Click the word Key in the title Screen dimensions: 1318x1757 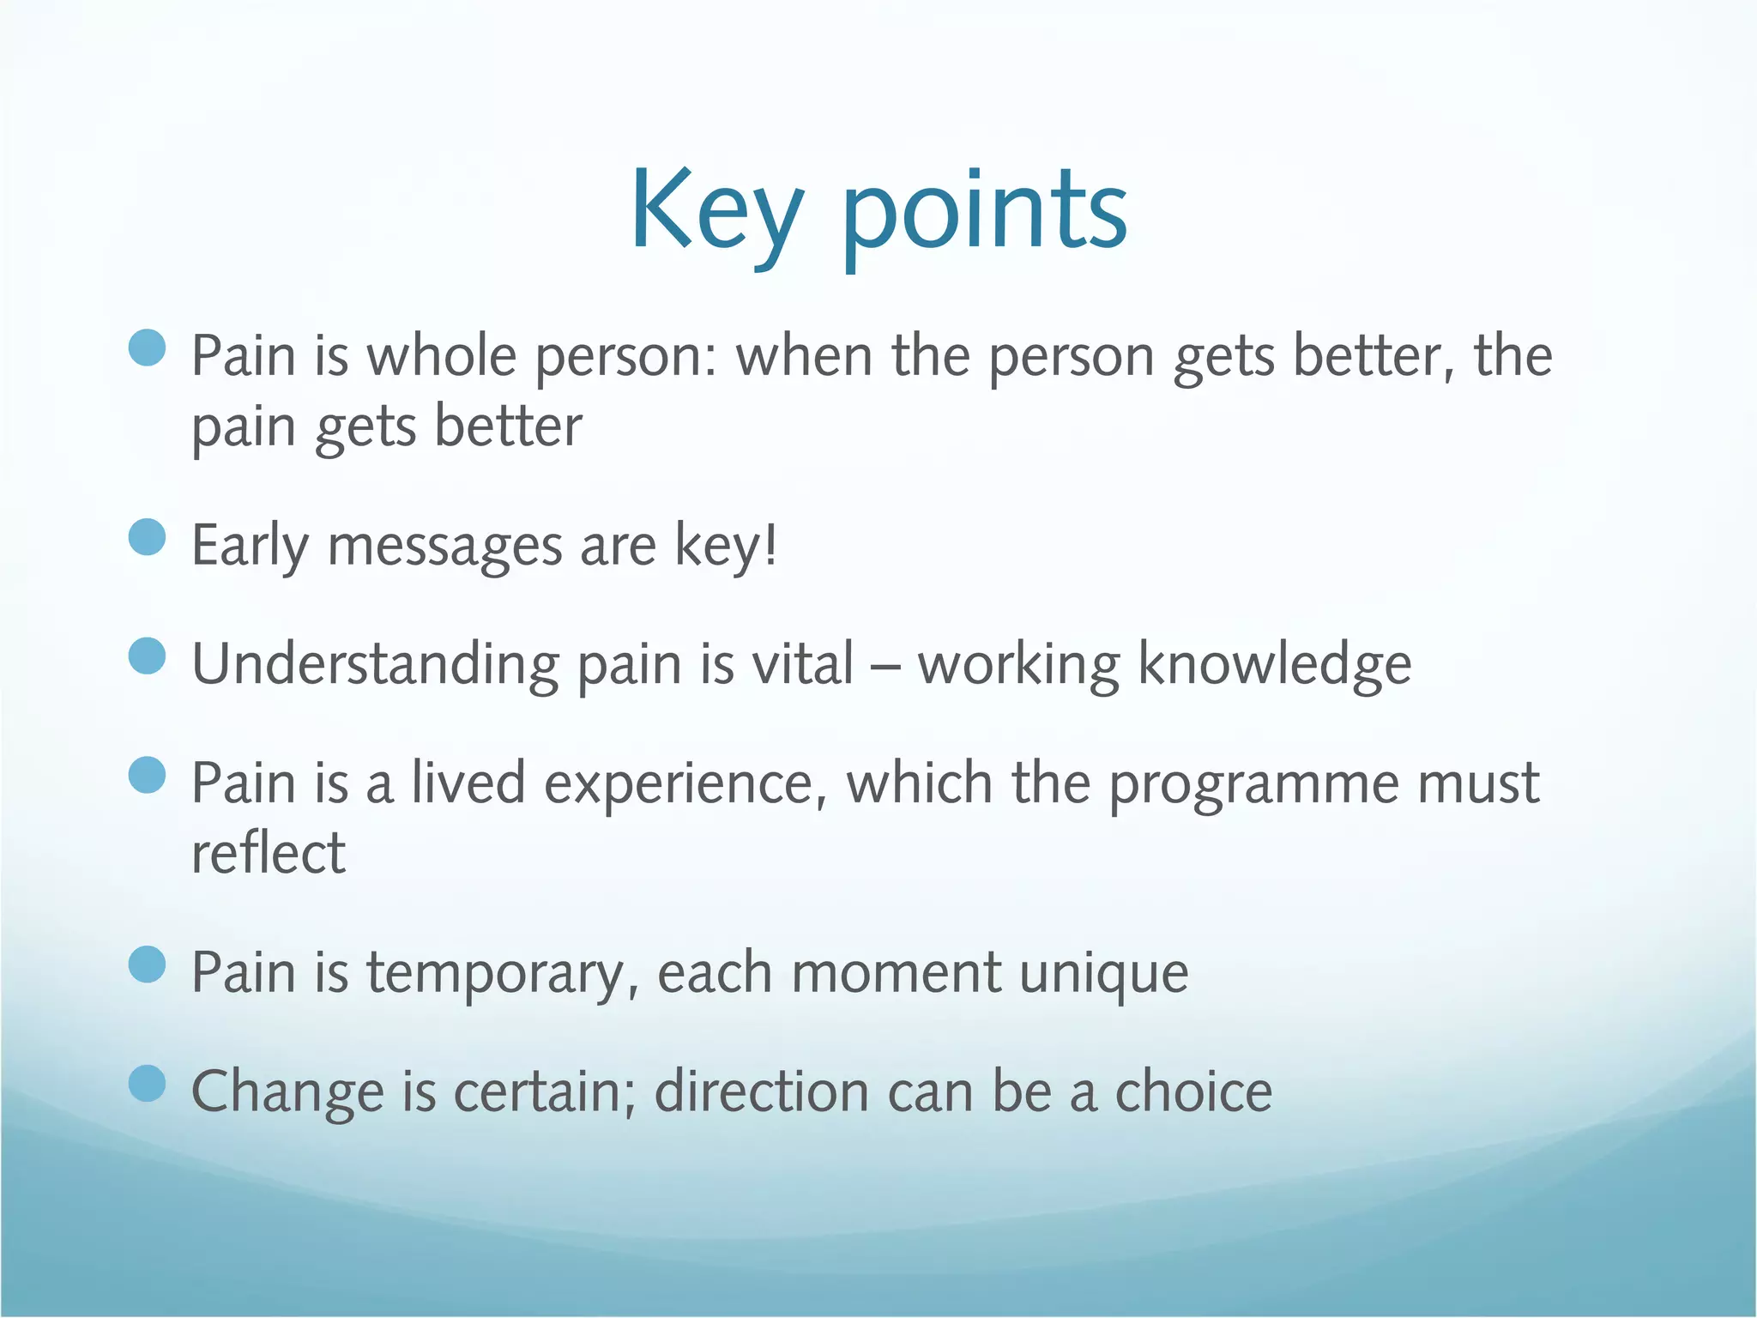(717, 210)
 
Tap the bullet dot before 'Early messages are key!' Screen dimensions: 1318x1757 (147, 537)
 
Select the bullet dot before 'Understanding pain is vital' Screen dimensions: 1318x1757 (147, 656)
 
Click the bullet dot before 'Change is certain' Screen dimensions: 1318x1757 (147, 1083)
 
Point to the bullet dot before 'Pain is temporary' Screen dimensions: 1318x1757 (147, 964)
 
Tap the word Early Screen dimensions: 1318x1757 (249, 546)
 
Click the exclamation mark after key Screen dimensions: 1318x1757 (771, 544)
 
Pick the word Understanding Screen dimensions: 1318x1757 (375, 665)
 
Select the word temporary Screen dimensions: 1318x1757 (501, 974)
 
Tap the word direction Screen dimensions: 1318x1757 (761, 1091)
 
